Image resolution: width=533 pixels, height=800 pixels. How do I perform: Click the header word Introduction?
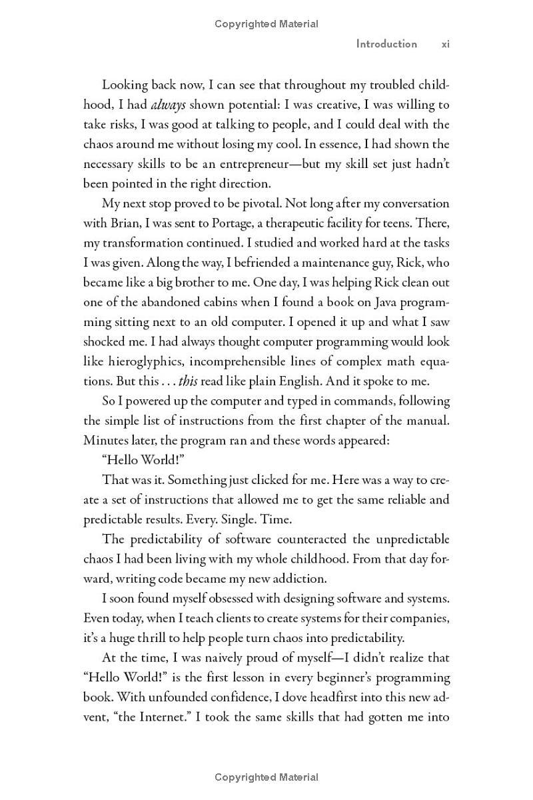click(386, 44)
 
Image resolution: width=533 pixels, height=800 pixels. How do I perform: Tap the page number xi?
click(446, 44)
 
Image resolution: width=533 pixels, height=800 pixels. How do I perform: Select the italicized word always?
click(168, 105)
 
